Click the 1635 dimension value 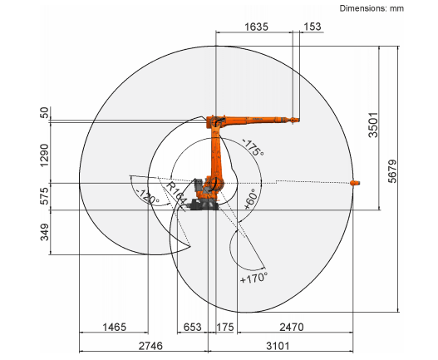tap(256, 27)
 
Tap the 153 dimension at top tap(313, 27)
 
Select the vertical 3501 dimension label tap(373, 125)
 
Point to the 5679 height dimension tap(392, 171)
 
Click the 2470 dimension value tap(292, 327)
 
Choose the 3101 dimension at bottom tap(278, 346)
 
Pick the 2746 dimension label tap(150, 346)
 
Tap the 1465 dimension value tap(115, 327)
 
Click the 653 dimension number tap(193, 327)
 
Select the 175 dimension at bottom tap(225, 327)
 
